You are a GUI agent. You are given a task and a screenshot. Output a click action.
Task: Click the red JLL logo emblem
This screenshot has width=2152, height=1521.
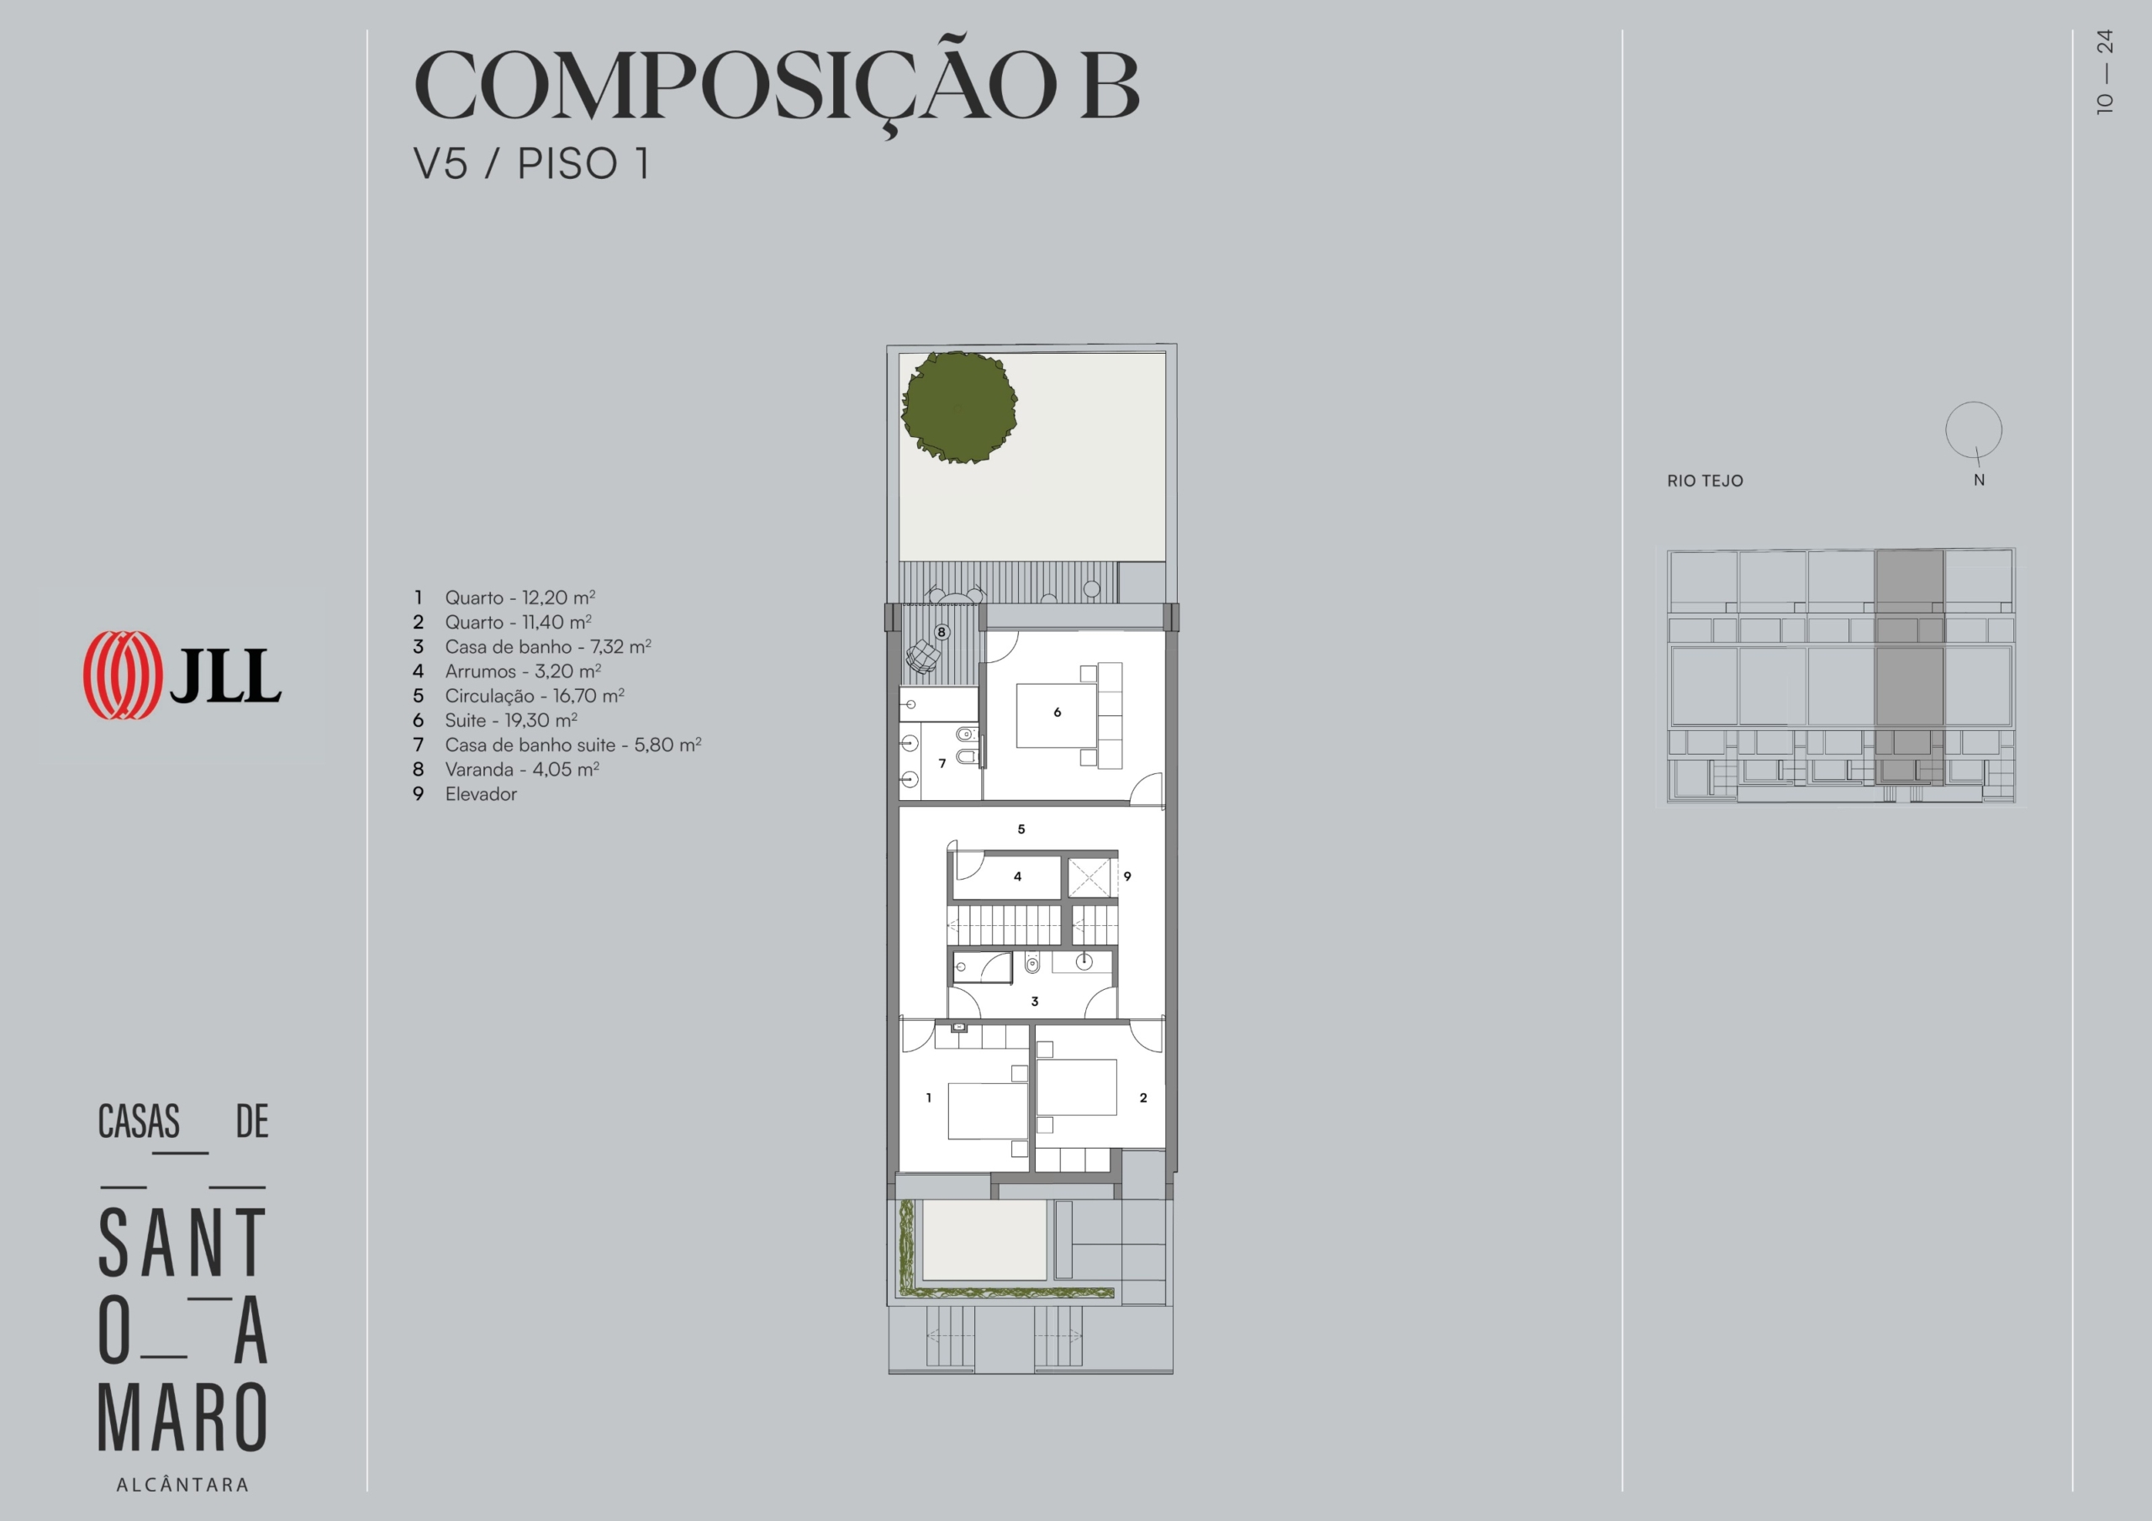tap(122, 675)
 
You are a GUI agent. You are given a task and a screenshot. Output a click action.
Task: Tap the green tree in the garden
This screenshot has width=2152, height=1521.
tap(959, 407)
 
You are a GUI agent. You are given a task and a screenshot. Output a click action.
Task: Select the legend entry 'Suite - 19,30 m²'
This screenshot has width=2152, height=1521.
tap(511, 719)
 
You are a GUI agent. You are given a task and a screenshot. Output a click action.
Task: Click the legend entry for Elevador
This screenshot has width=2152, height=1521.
tap(481, 794)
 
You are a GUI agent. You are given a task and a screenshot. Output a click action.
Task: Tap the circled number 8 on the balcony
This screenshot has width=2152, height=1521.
tap(941, 632)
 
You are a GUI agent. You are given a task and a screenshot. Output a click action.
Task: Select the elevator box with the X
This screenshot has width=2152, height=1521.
tap(1089, 877)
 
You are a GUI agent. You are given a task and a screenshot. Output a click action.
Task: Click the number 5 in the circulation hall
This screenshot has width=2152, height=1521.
tap(1021, 829)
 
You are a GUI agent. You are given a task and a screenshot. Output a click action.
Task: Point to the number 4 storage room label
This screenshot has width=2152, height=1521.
tap(1018, 876)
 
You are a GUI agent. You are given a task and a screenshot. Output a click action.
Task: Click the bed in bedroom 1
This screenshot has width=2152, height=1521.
tap(988, 1112)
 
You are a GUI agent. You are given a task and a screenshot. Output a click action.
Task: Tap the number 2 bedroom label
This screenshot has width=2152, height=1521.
tap(1143, 1097)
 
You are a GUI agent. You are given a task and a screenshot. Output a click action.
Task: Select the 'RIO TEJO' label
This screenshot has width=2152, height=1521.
tap(1705, 481)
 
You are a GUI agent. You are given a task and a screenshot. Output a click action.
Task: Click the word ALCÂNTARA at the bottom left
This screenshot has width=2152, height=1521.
tap(182, 1485)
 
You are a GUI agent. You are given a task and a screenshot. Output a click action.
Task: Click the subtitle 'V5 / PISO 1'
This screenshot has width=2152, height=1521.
tap(531, 164)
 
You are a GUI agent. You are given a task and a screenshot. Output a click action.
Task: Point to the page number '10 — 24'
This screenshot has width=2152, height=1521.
tap(2105, 72)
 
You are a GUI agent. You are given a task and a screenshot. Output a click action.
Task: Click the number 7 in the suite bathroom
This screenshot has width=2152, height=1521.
tap(942, 763)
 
